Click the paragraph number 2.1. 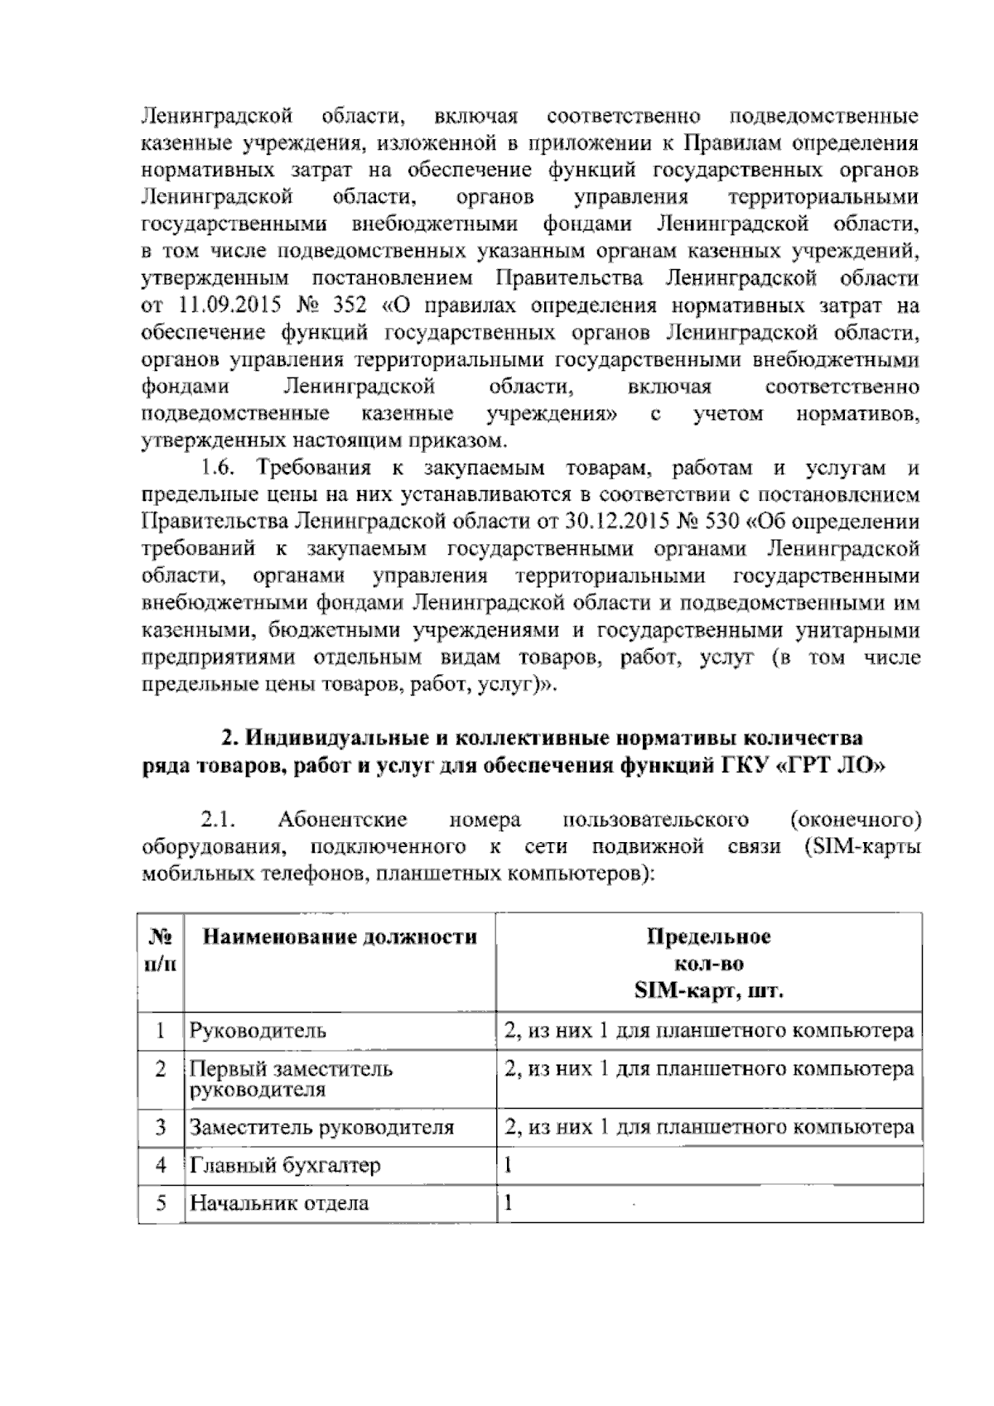pyautogui.click(x=220, y=820)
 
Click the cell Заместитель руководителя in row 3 pyautogui.click(x=321, y=1127)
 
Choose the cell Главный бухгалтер pyautogui.click(x=285, y=1165)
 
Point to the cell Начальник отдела pyautogui.click(x=279, y=1203)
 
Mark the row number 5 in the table pyautogui.click(x=161, y=1203)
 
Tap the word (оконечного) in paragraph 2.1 pyautogui.click(x=856, y=820)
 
